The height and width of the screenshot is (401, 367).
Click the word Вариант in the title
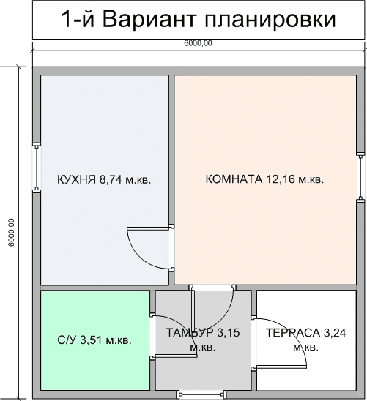tap(150, 19)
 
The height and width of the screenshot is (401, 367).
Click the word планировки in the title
tap(270, 20)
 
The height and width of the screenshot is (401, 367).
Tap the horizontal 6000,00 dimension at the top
tap(198, 43)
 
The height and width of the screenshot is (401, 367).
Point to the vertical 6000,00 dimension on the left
tap(11, 232)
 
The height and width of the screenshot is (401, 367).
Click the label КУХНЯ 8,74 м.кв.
tap(104, 179)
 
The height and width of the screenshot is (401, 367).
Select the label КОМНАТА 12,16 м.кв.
tap(265, 179)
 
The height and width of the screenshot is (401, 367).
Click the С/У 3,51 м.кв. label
tap(94, 340)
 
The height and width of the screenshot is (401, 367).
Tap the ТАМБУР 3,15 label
tap(203, 333)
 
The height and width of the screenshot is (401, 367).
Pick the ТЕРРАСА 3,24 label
tap(306, 333)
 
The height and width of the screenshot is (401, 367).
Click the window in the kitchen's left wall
tap(37, 168)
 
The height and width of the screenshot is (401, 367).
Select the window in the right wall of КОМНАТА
tap(360, 177)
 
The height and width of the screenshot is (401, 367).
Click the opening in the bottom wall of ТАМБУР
tap(201, 394)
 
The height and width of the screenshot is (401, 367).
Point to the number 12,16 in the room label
tap(281, 179)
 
